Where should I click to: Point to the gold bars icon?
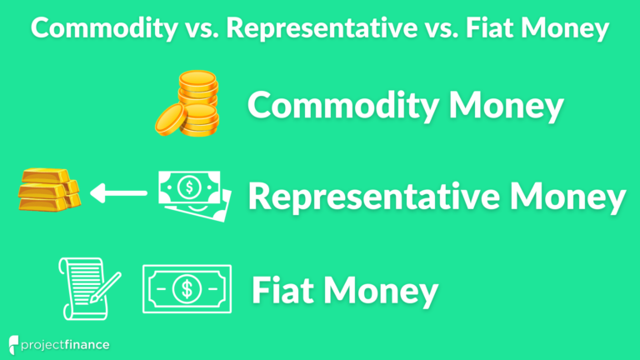click(x=48, y=192)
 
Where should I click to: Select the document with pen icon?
click(x=87, y=287)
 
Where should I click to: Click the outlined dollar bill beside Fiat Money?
click(x=187, y=289)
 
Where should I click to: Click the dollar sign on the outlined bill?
click(x=187, y=289)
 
